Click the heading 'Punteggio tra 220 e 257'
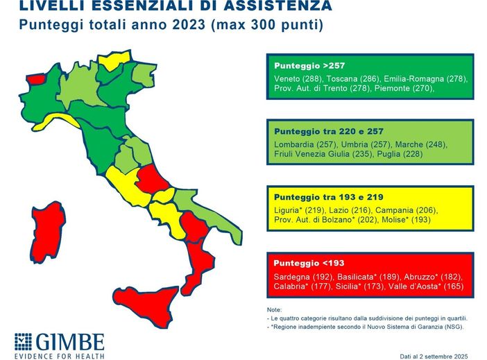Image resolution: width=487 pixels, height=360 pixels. [x=329, y=131]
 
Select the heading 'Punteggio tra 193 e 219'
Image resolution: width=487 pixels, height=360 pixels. [x=328, y=197]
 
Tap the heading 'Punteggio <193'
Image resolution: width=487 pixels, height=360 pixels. [x=309, y=263]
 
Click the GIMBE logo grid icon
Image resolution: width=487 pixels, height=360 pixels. [x=23, y=343]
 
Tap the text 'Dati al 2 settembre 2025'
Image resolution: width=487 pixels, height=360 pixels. [x=434, y=355]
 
